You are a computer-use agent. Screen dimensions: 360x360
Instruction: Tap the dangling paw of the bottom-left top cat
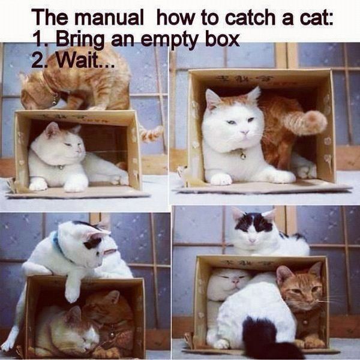point(73,292)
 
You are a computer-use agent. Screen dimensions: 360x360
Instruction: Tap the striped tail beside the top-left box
point(151,133)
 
